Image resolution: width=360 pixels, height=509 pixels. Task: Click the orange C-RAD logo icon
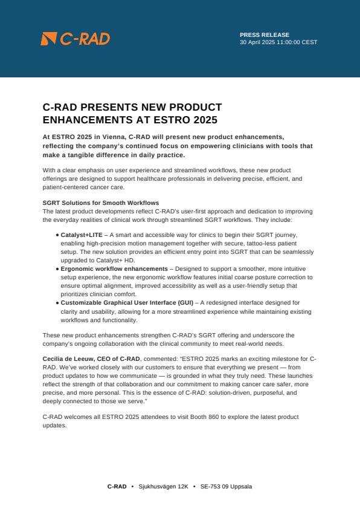[48, 39]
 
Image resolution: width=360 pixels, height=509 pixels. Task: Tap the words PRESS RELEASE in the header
[265, 35]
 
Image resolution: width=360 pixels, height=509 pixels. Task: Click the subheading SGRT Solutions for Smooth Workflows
[100, 202]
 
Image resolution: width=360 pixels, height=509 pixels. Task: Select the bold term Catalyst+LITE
[82, 234]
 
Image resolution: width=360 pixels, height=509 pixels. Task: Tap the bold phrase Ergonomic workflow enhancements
[114, 268]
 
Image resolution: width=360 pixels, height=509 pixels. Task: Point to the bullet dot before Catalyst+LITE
[57, 234]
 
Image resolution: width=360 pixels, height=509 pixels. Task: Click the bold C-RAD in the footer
[117, 487]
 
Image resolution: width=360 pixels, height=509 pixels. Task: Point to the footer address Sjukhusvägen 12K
[163, 487]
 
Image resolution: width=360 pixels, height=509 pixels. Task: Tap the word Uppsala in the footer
[242, 487]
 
